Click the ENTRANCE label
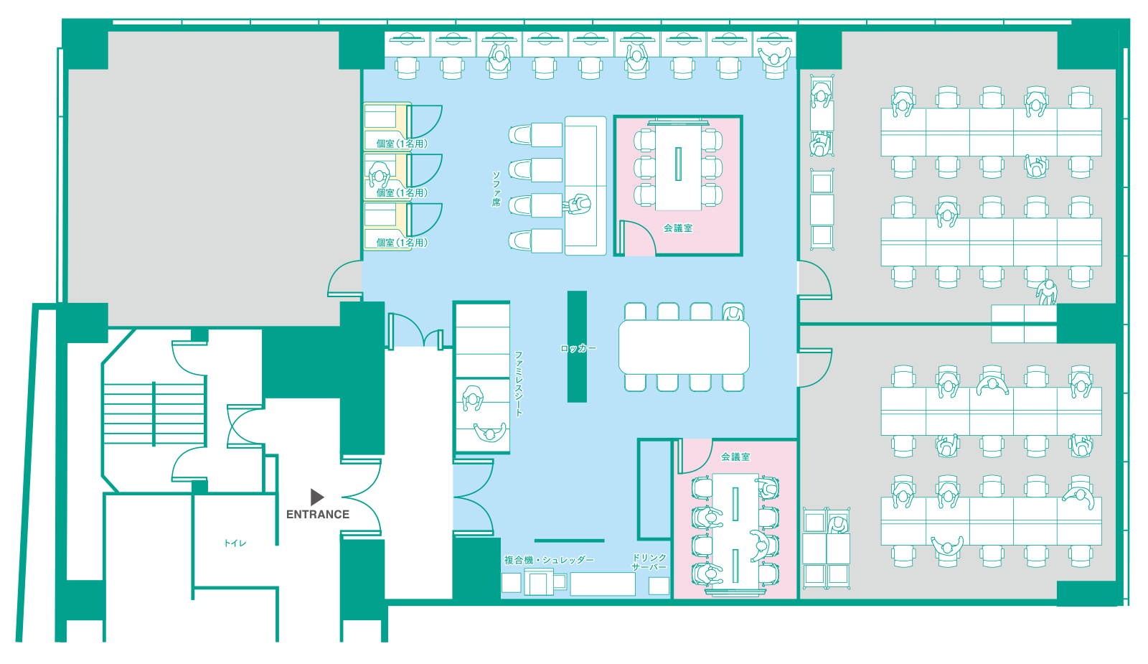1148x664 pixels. (x=318, y=514)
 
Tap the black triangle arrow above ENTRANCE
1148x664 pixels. (x=316, y=497)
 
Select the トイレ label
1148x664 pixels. (x=235, y=543)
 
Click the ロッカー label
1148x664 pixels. (x=578, y=349)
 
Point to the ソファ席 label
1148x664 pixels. (x=496, y=189)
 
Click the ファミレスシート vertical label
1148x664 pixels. (x=519, y=383)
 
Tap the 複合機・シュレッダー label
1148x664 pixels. (x=549, y=560)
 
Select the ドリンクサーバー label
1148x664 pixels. (x=649, y=562)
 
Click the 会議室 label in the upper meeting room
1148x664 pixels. (x=678, y=228)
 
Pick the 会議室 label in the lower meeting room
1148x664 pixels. (x=735, y=457)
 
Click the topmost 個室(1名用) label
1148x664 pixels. (x=402, y=144)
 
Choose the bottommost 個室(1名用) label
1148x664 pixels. (x=402, y=243)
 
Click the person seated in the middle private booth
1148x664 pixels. (x=380, y=174)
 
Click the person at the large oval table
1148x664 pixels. (x=733, y=312)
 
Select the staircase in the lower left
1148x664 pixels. (x=154, y=413)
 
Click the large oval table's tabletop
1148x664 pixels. (x=684, y=347)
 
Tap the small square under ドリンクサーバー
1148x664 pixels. (x=659, y=586)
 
